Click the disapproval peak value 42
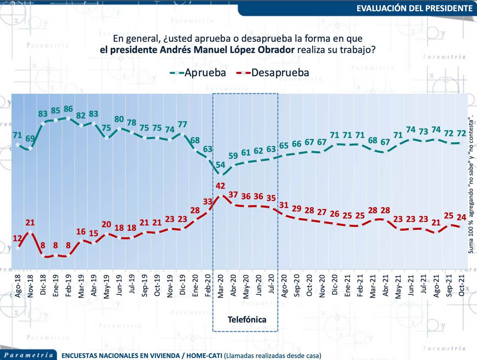point(221,185)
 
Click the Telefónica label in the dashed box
point(246,319)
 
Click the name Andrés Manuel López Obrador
point(197,50)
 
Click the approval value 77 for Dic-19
point(182,124)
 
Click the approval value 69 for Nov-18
point(30,139)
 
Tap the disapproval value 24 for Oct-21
point(461,218)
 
